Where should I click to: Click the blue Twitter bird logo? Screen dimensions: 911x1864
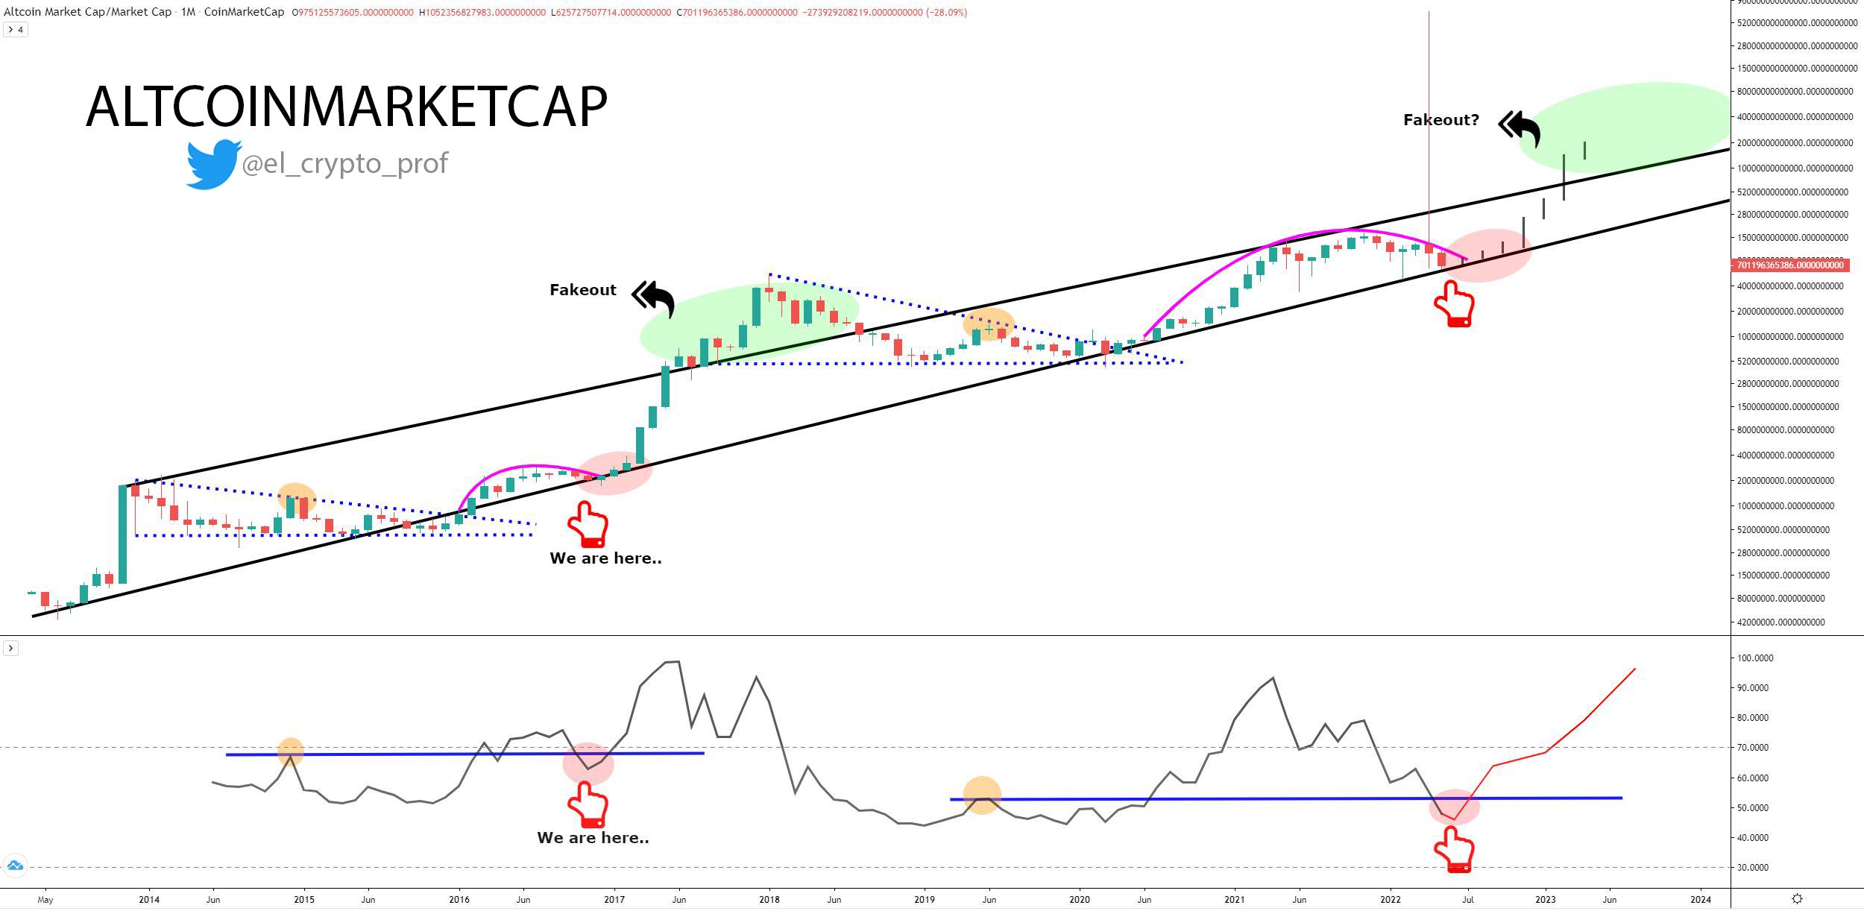(x=212, y=163)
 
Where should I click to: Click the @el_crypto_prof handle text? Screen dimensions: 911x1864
(x=344, y=163)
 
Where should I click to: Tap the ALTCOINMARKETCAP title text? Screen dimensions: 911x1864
(x=347, y=107)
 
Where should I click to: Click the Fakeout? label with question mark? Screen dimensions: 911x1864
(x=1440, y=120)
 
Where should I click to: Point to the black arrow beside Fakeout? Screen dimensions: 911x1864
(x=1520, y=129)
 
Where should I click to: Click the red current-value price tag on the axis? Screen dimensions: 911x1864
(x=1789, y=265)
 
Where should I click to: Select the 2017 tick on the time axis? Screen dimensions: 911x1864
(x=614, y=899)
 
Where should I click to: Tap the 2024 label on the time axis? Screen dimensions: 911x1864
(x=1701, y=899)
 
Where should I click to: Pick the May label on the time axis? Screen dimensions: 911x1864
(x=45, y=899)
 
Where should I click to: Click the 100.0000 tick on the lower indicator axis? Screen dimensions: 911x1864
(x=1755, y=658)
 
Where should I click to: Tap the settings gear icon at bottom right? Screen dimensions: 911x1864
(x=1797, y=899)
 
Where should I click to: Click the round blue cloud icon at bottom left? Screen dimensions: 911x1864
(x=15, y=866)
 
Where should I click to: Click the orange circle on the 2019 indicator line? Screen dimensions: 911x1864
(x=982, y=795)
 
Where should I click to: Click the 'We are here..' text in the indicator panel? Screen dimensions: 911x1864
(x=593, y=838)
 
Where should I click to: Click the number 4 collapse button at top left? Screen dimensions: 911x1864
(x=16, y=30)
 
